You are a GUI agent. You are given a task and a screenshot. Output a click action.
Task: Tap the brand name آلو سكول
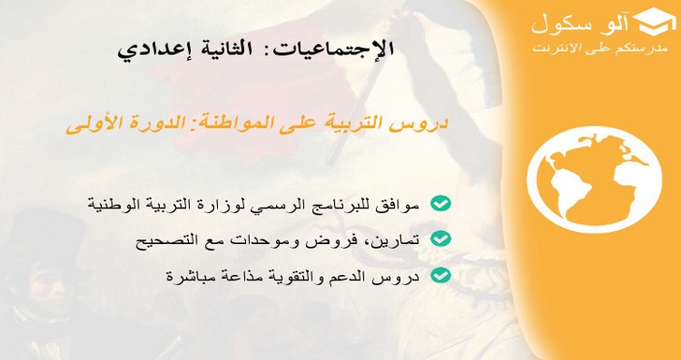click(580, 24)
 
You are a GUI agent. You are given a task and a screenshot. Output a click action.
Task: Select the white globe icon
click(594, 180)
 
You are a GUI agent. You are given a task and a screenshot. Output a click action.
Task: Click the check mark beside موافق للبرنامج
click(441, 203)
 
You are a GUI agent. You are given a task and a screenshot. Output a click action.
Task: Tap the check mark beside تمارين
click(441, 238)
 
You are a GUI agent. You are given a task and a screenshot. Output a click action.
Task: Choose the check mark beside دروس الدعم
click(441, 275)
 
